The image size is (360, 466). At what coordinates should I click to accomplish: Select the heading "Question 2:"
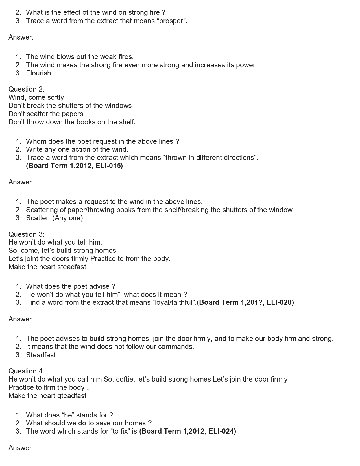[x=26, y=89]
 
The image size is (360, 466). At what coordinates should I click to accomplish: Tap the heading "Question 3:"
[x=26, y=234]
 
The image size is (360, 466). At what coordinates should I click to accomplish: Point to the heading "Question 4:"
[x=26, y=371]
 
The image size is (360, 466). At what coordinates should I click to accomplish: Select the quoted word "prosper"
[x=172, y=21]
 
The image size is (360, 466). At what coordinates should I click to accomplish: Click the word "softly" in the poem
[x=54, y=97]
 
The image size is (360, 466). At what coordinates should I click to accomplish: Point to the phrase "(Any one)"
[x=67, y=218]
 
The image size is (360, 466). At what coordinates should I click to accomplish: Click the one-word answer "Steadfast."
[x=42, y=355]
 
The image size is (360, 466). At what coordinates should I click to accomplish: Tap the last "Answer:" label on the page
[x=21, y=448]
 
